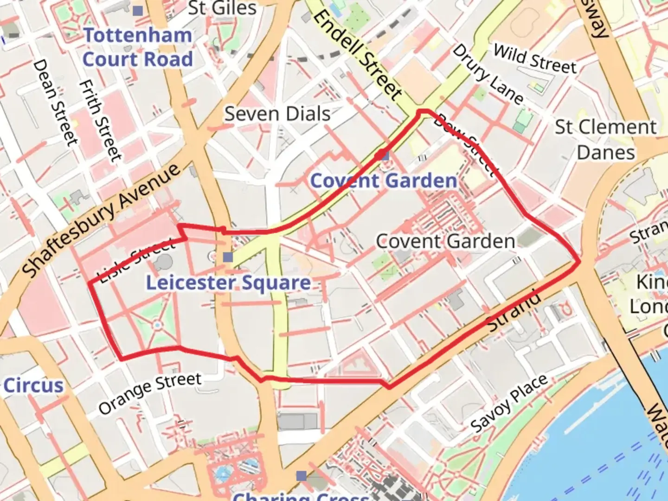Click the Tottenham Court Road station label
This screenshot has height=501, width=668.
pos(137,47)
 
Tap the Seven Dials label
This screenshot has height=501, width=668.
pos(277,114)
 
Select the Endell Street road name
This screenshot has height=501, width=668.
pos(357,54)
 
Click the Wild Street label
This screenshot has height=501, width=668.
pos(534,59)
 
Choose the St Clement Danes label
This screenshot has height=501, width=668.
pos(605,139)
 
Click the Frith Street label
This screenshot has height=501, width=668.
pos(100,121)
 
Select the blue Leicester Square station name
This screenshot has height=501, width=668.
pos(228,283)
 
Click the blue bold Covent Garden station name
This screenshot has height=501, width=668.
pos(383,181)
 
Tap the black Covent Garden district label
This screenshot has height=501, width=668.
pos(445,242)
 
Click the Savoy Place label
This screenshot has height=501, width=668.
pos(509,403)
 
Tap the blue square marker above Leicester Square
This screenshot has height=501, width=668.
pos(228,257)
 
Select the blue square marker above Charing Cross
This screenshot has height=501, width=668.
pos(302,475)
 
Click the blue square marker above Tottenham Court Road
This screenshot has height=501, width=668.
pos(138,11)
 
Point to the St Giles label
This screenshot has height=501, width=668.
pos(222,8)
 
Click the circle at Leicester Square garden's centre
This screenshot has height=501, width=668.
pos(157,325)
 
